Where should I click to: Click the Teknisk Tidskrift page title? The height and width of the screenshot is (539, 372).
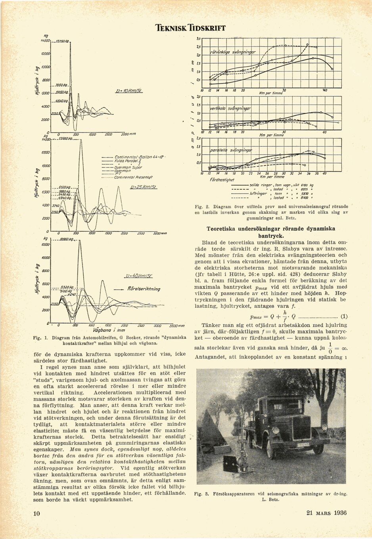click(x=190, y=28)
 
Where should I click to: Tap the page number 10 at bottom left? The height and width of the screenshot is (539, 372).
click(x=36, y=513)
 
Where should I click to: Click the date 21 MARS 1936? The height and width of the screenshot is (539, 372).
click(x=326, y=512)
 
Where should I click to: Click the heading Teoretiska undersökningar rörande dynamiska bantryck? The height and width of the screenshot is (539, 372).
click(x=271, y=232)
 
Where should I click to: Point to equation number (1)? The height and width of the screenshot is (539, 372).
click(x=344, y=316)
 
